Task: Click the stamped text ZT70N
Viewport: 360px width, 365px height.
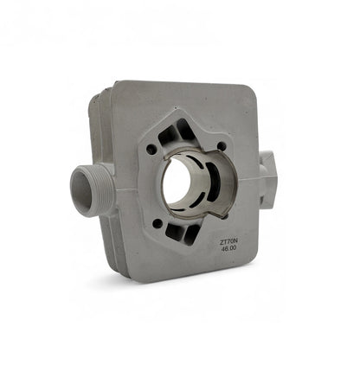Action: point(228,243)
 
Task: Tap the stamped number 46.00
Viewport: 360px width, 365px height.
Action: point(228,248)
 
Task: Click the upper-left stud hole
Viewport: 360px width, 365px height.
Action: point(151,149)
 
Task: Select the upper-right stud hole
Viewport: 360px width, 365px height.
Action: point(222,146)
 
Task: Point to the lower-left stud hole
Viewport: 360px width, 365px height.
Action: point(157,223)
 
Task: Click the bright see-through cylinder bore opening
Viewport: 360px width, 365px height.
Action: point(177,185)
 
